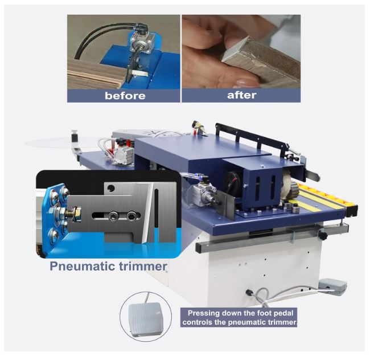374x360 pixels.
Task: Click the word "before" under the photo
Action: (x=125, y=96)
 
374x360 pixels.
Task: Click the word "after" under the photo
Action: (x=241, y=95)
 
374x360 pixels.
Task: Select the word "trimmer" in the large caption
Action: (x=143, y=266)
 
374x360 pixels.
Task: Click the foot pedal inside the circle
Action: (x=146, y=319)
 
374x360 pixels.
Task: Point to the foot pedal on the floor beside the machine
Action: (x=333, y=287)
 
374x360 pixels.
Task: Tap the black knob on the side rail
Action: (x=323, y=235)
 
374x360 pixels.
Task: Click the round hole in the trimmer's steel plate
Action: (x=110, y=189)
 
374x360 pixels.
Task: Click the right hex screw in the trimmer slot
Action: (x=131, y=216)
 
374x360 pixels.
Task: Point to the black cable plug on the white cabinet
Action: (x=249, y=292)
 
